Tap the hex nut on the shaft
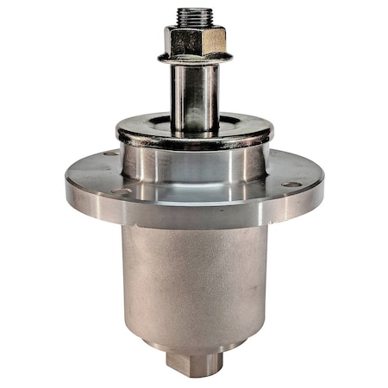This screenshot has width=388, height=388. pyautogui.click(x=194, y=40)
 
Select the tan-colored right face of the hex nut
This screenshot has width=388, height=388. pyautogui.click(x=213, y=40)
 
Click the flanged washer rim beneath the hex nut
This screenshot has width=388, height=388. pyautogui.click(x=194, y=59)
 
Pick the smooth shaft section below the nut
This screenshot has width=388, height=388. pyautogui.click(x=194, y=95)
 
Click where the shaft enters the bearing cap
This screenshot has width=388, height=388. pyautogui.click(x=194, y=129)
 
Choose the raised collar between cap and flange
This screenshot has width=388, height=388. pyautogui.click(x=195, y=164)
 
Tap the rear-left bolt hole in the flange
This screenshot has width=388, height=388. pyautogui.click(x=110, y=153)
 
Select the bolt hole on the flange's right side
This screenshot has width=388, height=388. pyautogui.click(x=292, y=184)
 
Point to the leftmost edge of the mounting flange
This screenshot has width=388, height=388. pyautogui.click(x=67, y=181)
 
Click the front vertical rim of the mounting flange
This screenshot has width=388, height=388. pyautogui.click(x=195, y=216)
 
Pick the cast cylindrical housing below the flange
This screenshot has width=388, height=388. pyautogui.click(x=195, y=276)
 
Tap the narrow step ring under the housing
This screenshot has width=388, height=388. pyautogui.click(x=195, y=345)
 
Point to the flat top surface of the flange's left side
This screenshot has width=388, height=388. pyautogui.click(x=95, y=172)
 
